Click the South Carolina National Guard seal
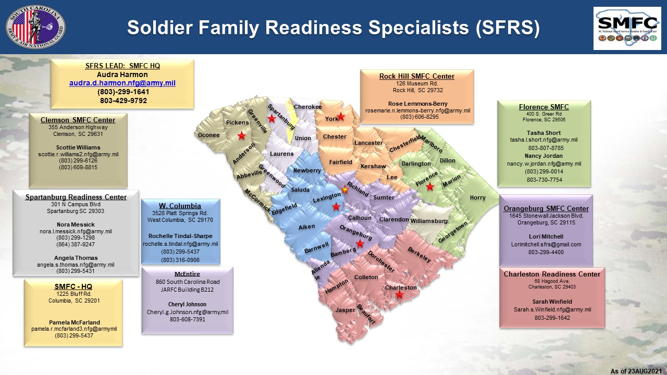[x=36, y=27]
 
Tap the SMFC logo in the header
[x=627, y=29]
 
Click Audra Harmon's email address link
[x=122, y=83]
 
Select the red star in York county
[x=341, y=117]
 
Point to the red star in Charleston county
[x=399, y=295]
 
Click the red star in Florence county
[x=430, y=187]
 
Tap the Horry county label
[x=478, y=197]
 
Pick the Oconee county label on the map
[x=209, y=135]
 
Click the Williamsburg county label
[x=429, y=221]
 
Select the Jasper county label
[x=345, y=310]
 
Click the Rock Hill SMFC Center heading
[x=417, y=76]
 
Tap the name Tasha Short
[x=544, y=133]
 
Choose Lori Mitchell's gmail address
[x=546, y=244]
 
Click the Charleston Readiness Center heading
[x=552, y=274]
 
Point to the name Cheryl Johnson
[x=187, y=304]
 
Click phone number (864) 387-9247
[x=76, y=244]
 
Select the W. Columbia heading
[x=180, y=206]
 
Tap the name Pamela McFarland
[x=75, y=322]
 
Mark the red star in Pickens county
[x=241, y=136]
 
